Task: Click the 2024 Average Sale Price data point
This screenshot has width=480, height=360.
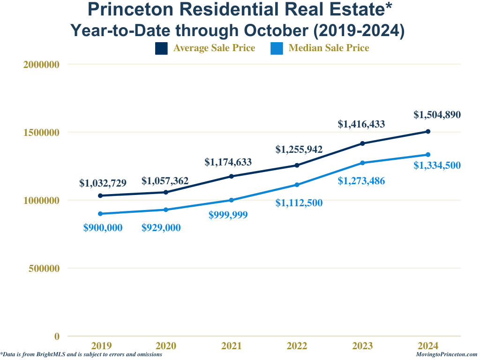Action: (x=428, y=131)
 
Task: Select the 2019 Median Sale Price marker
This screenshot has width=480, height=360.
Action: (x=100, y=214)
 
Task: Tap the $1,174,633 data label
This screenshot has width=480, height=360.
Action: (x=228, y=163)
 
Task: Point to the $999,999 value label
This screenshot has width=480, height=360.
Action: (x=228, y=215)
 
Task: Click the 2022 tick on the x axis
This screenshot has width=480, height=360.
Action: (x=297, y=346)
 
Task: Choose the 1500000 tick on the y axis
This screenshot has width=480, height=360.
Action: (x=41, y=133)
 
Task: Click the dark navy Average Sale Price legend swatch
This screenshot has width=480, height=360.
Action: (x=161, y=48)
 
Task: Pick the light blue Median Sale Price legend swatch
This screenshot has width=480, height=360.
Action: (x=277, y=48)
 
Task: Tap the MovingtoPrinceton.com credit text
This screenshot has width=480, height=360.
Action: (x=446, y=355)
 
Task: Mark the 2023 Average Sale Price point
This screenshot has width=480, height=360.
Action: (x=362, y=143)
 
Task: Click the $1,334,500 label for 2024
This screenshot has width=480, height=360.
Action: (x=437, y=165)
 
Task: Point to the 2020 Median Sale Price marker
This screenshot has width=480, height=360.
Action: (x=166, y=210)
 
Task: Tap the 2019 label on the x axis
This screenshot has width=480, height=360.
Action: (x=101, y=346)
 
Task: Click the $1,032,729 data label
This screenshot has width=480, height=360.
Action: (x=103, y=183)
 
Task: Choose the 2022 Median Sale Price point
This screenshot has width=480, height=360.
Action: (x=297, y=185)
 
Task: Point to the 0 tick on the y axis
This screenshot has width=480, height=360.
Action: (x=57, y=337)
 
